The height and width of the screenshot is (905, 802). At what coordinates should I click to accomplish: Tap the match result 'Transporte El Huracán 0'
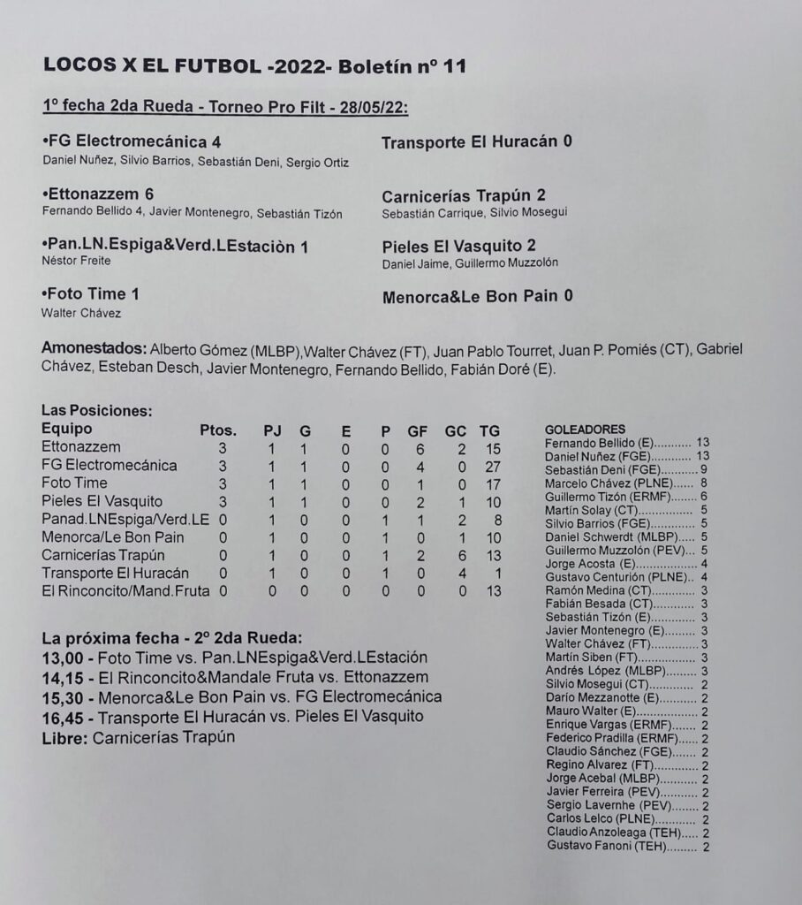(x=477, y=141)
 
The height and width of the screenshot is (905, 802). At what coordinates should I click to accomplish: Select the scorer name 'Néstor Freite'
(x=76, y=262)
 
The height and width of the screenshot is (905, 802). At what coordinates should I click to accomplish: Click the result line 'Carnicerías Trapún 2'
(x=476, y=195)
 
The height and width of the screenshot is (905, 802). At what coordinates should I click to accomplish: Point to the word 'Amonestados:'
(x=95, y=347)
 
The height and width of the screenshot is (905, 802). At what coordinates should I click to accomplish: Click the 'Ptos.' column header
(x=218, y=430)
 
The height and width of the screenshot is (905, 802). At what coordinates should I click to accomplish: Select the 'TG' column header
(x=489, y=430)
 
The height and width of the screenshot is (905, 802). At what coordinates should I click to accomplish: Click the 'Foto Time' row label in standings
(x=74, y=483)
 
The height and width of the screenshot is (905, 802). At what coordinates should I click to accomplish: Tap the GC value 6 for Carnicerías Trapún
(x=460, y=555)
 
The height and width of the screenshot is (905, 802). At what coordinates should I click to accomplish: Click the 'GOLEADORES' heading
(x=585, y=429)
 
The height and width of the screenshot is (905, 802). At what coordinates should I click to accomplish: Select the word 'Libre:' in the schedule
(x=64, y=736)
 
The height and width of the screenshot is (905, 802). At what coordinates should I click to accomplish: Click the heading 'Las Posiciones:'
(x=97, y=411)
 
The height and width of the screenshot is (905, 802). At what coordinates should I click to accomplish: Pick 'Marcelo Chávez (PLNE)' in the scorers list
(x=605, y=483)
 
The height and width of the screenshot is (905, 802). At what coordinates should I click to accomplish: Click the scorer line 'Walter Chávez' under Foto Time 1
(x=81, y=313)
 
